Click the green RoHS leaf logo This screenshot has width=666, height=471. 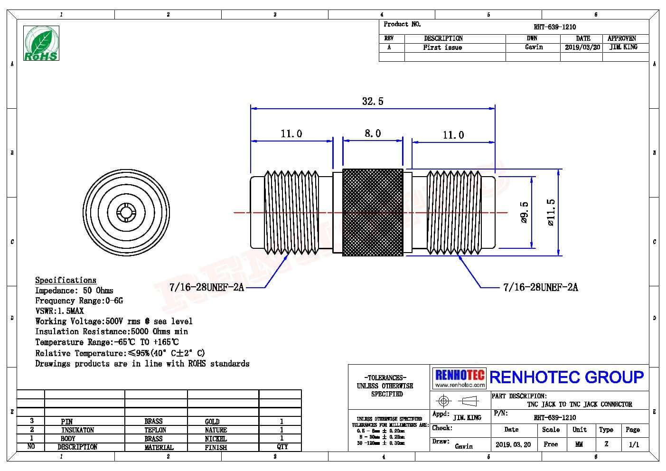pos(41,43)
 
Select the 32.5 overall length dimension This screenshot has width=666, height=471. pos(373,101)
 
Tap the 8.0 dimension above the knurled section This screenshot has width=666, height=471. pos(373,133)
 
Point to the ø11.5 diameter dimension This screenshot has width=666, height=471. pos(551,212)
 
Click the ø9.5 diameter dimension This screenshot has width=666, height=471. pos(525,212)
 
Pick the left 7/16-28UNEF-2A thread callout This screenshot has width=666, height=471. pos(206,287)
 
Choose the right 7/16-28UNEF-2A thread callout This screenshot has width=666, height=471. pos(541,287)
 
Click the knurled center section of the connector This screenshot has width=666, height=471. pos(373,212)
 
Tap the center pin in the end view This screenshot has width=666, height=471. pos(126,212)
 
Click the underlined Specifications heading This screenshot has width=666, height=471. pos(66,280)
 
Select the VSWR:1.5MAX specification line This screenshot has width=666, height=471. pos(59,311)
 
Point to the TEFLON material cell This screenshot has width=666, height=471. pos(155,430)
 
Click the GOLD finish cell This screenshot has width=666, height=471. pos(212,422)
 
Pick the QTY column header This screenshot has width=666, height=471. pos(282,447)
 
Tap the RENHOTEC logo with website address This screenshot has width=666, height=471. pos(460,378)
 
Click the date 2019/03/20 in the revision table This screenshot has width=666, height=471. pos(582,47)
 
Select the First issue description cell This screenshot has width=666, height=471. pos(442,47)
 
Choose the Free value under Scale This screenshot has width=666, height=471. pos(551,444)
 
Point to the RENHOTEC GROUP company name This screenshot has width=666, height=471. pos(566,377)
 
